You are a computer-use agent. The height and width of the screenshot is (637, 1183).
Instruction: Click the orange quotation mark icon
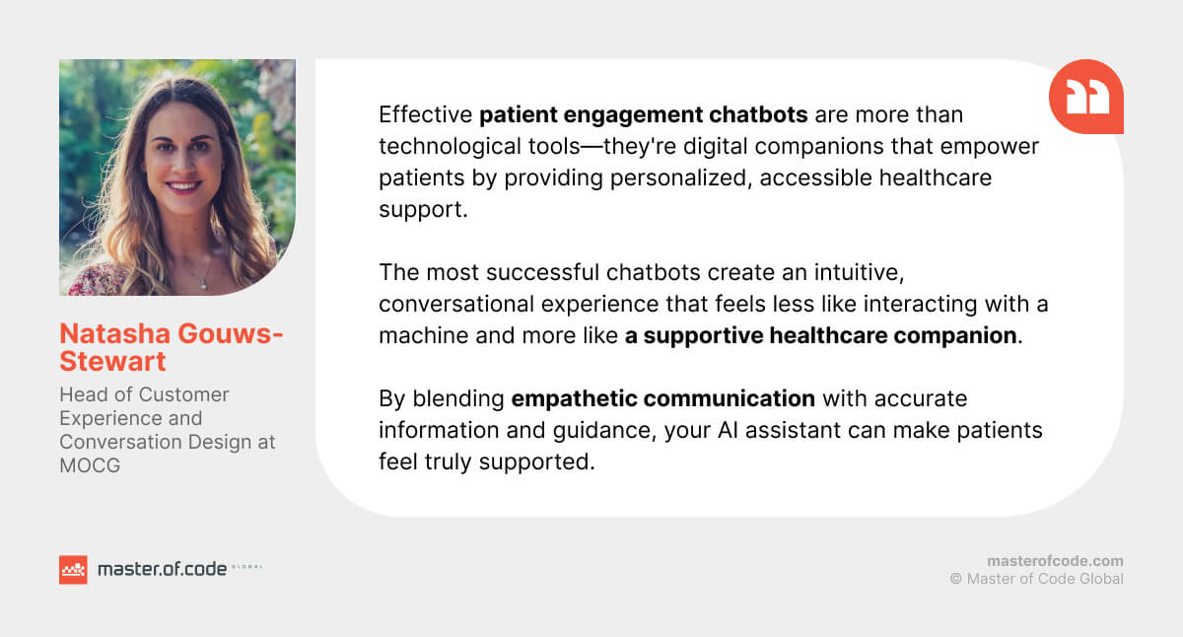tap(1085, 96)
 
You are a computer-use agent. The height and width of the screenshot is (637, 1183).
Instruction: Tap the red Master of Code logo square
tap(73, 569)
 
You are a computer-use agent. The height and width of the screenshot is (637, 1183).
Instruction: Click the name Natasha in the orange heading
tap(114, 334)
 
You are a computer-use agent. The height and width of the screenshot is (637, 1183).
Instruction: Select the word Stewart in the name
tap(112, 362)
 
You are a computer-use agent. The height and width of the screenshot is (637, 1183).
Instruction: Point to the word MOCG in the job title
tap(90, 465)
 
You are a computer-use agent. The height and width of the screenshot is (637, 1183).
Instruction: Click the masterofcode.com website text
tap(1055, 561)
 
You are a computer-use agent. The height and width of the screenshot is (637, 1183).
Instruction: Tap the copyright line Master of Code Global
tap(1037, 579)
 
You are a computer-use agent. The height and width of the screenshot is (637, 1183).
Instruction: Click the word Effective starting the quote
tap(426, 114)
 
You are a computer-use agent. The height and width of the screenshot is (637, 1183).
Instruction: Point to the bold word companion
tap(955, 336)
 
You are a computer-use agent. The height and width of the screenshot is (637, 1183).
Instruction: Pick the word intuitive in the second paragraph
tap(859, 272)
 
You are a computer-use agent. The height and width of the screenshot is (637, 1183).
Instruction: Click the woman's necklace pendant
tap(203, 285)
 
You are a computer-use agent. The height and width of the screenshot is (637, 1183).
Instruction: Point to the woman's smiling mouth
tap(183, 186)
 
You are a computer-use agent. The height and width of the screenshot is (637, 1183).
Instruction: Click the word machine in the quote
tap(424, 336)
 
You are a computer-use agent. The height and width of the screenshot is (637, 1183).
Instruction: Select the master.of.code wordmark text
tap(162, 569)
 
